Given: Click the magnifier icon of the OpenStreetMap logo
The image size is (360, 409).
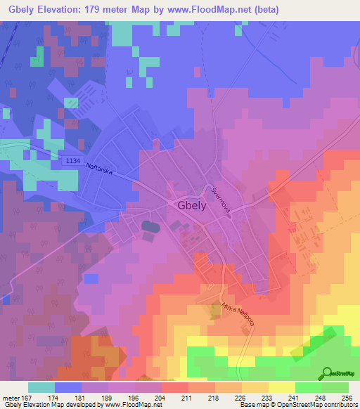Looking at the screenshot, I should [328, 375].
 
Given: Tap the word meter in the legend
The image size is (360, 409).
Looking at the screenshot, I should [10, 398].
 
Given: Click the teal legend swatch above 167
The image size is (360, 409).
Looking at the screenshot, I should [41, 387].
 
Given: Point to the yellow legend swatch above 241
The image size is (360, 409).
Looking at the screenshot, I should [281, 387].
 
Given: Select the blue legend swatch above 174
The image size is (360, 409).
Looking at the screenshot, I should [68, 387].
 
